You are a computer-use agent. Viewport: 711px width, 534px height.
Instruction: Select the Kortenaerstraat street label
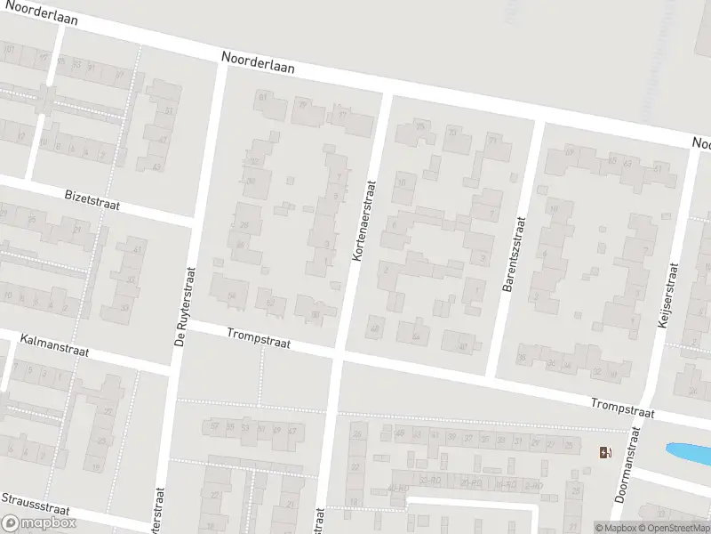(364, 222)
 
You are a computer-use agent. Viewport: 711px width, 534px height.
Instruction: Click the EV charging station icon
(606, 452)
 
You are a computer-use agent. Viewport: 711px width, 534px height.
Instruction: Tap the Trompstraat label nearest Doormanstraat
(623, 409)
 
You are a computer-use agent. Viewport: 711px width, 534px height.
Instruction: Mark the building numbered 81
(262, 96)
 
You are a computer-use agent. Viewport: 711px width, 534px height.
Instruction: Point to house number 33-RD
(429, 480)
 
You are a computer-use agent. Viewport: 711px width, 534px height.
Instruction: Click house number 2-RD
(532, 485)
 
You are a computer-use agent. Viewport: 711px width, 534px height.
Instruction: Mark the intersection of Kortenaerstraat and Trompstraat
(339, 354)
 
